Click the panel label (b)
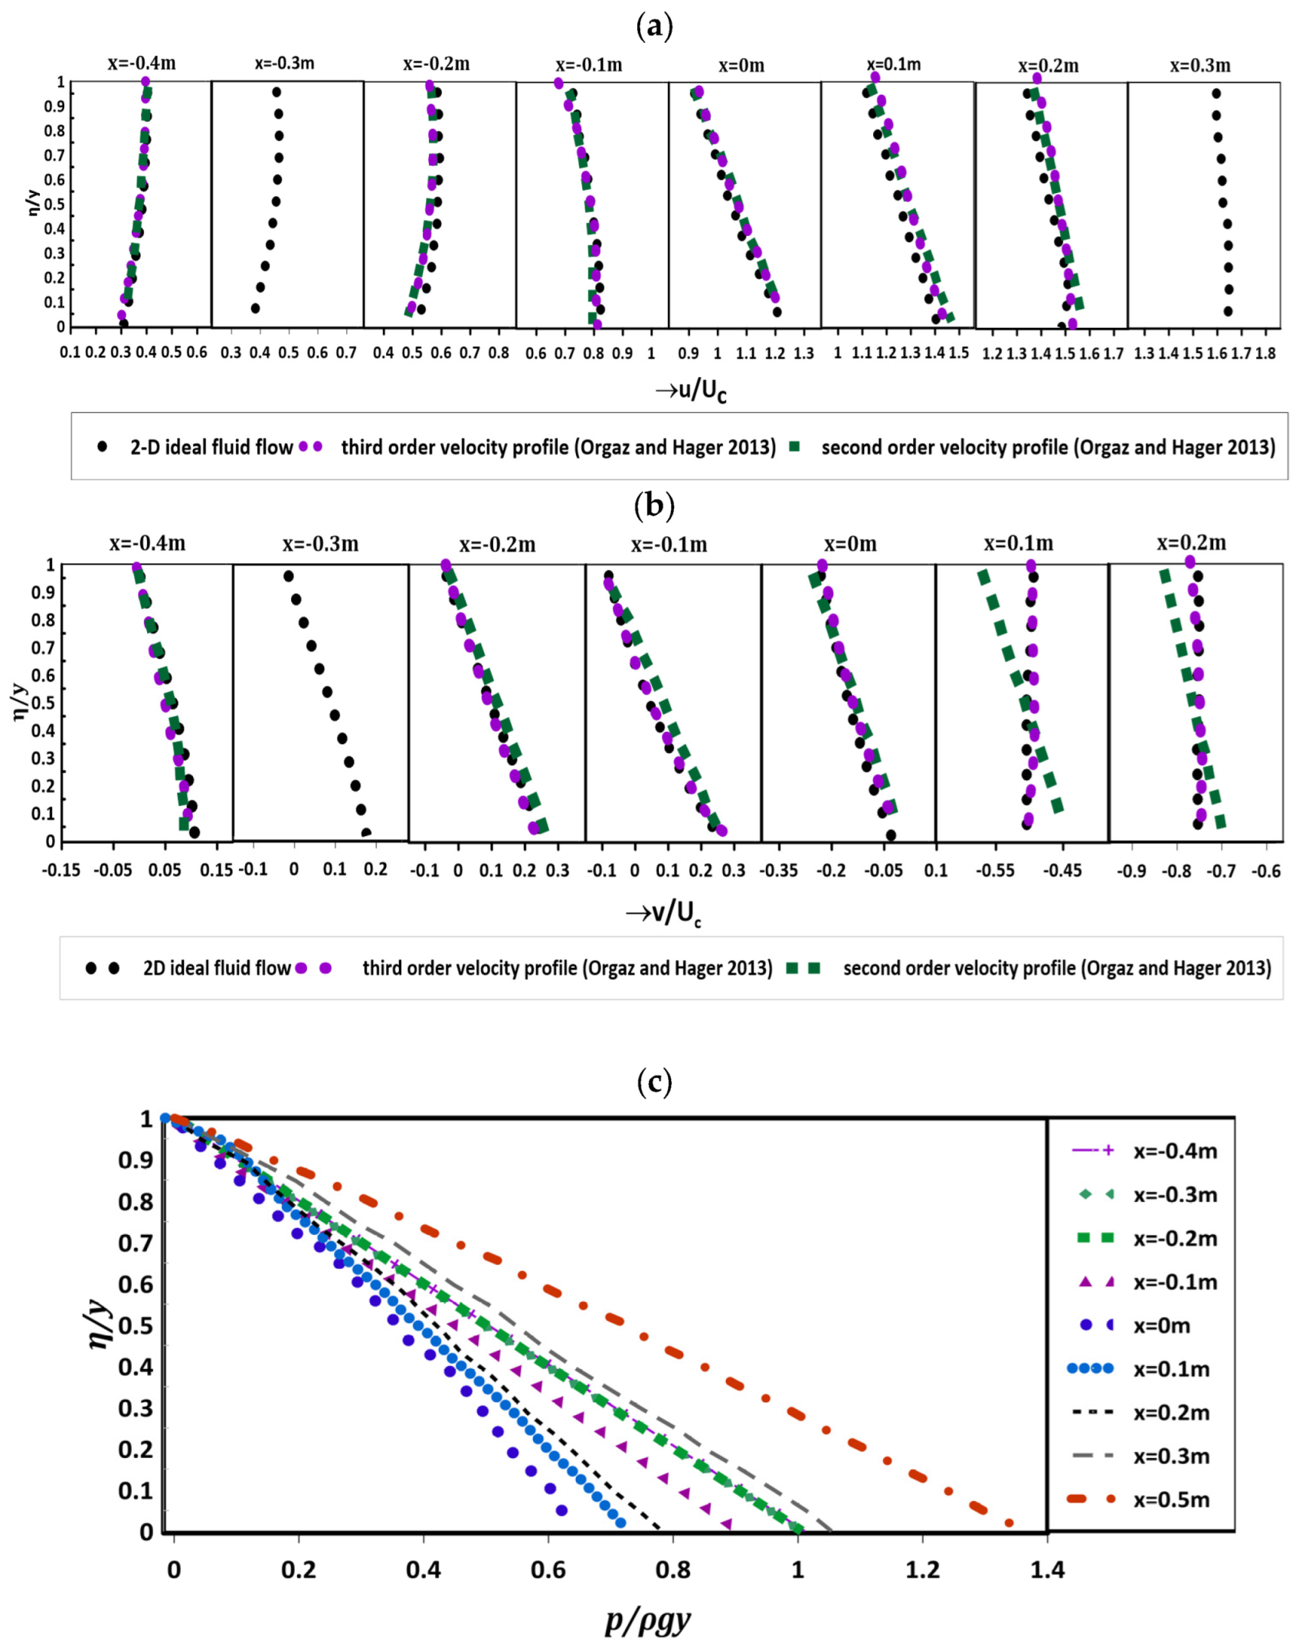[x=654, y=505]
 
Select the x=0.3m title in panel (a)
[x=1199, y=66]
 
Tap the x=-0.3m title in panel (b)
[x=320, y=544]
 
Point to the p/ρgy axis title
[x=648, y=1619]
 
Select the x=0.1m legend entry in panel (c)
[x=1171, y=1368]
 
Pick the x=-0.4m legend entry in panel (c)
[x=1175, y=1151]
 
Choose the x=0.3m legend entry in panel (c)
[x=1171, y=1456]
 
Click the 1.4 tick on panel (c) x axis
[x=1046, y=1570]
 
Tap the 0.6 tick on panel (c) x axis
[x=548, y=1570]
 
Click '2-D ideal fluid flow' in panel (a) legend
[x=211, y=447]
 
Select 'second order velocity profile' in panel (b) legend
[x=1056, y=968]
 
